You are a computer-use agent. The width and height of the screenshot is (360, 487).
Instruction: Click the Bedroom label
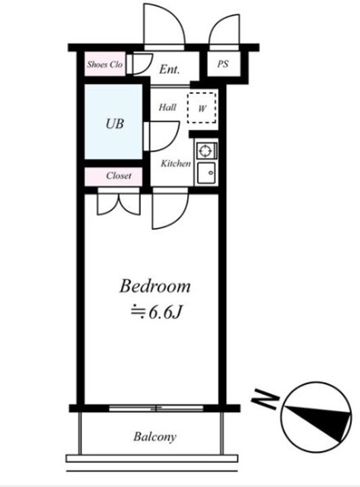click(155, 286)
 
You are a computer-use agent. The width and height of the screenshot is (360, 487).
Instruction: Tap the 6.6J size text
click(156, 312)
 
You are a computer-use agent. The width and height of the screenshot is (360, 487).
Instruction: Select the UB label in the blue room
click(114, 124)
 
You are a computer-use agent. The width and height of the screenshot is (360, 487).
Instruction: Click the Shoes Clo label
click(105, 65)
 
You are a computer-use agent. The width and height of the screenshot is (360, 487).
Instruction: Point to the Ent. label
click(170, 69)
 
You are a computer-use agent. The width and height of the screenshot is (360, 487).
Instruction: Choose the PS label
click(223, 64)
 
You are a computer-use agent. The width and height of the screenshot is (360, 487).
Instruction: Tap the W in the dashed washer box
click(202, 108)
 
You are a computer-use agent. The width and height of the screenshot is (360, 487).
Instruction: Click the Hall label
click(167, 108)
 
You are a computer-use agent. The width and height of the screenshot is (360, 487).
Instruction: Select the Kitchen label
click(176, 164)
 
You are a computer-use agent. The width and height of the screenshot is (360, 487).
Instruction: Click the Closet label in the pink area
click(118, 176)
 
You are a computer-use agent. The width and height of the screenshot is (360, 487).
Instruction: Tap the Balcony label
click(155, 437)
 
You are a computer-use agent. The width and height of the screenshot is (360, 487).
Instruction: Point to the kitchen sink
click(206, 172)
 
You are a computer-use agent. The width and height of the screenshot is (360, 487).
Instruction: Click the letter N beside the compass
click(265, 399)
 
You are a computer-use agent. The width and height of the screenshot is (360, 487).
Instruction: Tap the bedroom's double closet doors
click(118, 202)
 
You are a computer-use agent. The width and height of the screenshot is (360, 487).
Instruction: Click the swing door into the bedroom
click(171, 208)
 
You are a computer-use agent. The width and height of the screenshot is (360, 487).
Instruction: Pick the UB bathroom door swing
click(162, 136)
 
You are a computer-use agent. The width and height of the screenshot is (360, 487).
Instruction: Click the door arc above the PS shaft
click(224, 32)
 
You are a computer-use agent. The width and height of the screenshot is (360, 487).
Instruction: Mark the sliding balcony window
click(156, 408)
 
